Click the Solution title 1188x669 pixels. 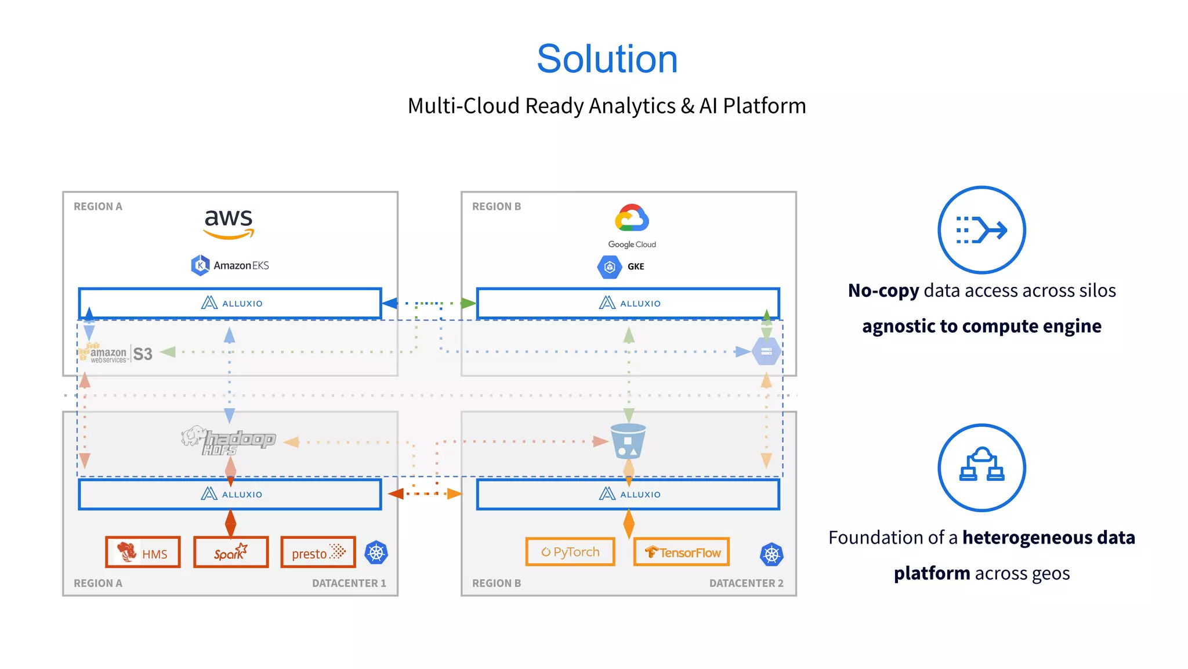click(x=607, y=59)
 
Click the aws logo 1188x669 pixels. click(x=229, y=224)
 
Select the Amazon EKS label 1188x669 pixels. click(x=230, y=265)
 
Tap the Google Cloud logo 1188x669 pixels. click(x=632, y=225)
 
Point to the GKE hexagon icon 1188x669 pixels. click(x=609, y=267)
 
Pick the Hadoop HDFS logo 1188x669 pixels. click(x=229, y=441)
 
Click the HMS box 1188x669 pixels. click(x=143, y=552)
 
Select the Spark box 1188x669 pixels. click(x=231, y=552)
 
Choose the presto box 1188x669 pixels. click(x=318, y=552)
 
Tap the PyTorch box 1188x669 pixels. click(x=570, y=552)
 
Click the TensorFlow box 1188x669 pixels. click(x=682, y=552)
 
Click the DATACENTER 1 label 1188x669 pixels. click(x=349, y=583)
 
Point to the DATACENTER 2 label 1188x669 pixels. click(x=746, y=583)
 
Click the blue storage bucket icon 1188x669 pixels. click(x=628, y=441)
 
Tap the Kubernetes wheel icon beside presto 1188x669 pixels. click(x=376, y=552)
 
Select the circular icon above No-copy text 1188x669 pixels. click(x=981, y=230)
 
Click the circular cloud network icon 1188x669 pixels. click(x=981, y=467)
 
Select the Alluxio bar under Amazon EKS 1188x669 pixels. click(x=230, y=303)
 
